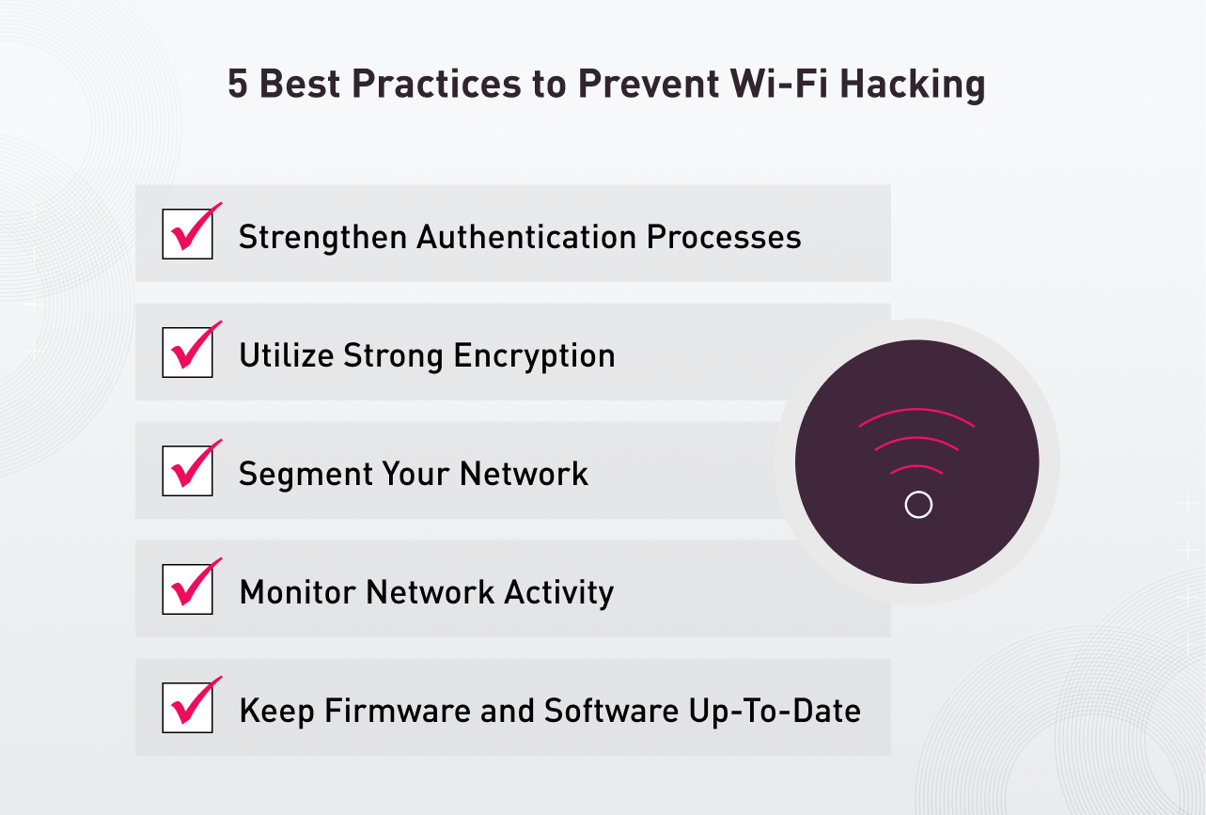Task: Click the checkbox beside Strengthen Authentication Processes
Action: [186, 234]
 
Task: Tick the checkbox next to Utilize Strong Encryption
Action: [186, 353]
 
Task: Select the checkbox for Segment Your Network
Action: [186, 471]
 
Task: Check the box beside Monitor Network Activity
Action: [186, 589]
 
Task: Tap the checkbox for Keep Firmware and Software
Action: [186, 708]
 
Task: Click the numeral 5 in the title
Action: [238, 85]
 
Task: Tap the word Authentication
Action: [526, 237]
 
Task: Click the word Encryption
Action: [534, 356]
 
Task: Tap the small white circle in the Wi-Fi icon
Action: [917, 505]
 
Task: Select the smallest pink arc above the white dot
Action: [916, 466]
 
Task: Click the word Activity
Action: [559, 592]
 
